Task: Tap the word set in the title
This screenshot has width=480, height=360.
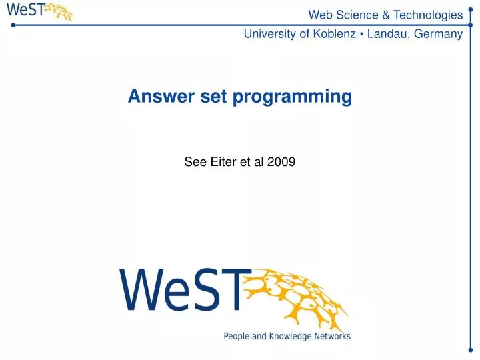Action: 213,97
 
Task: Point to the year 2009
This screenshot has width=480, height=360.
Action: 281,161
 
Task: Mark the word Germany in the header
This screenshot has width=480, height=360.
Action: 439,34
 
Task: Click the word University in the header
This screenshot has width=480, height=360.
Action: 269,34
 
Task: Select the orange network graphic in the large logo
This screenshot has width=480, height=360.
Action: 300,297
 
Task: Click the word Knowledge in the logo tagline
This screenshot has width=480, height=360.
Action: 289,336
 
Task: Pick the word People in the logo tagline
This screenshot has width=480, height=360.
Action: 237,336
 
